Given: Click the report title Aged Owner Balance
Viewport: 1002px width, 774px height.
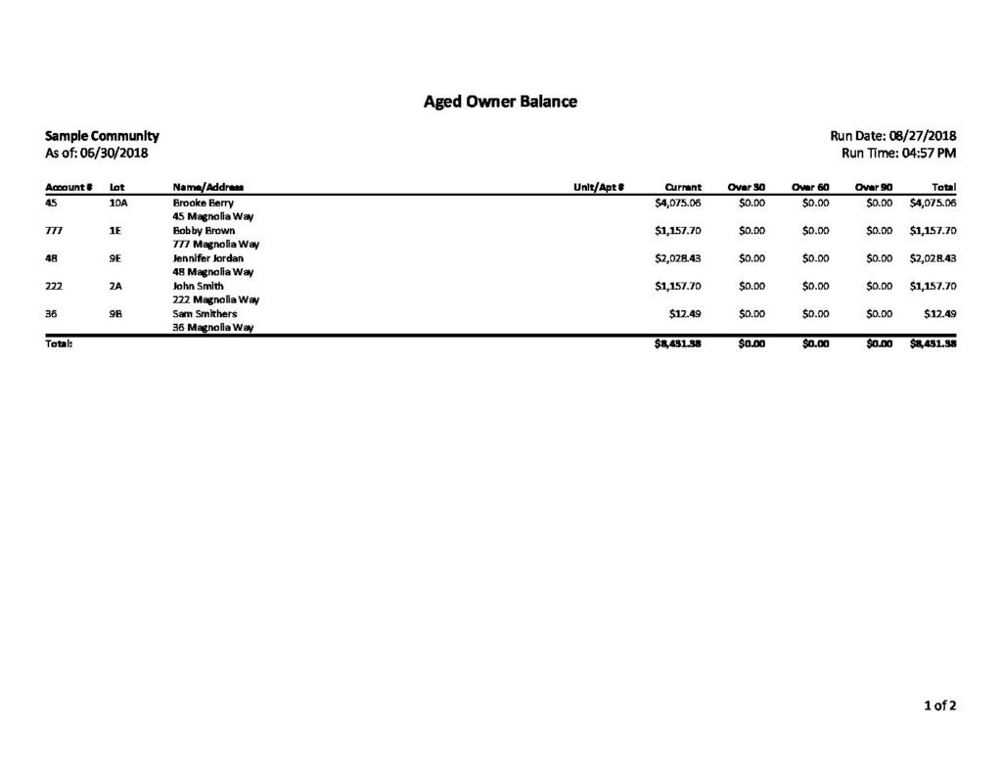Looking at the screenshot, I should coord(500,101).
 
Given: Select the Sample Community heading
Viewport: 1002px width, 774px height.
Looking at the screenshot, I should coord(102,136).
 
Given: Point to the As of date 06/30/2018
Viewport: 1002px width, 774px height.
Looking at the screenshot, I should coord(97,153).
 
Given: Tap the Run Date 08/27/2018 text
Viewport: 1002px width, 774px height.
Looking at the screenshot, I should coord(892,136).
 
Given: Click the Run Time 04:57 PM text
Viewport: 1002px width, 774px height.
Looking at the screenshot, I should coord(898,153).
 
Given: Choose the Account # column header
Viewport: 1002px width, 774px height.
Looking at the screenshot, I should coord(68,186).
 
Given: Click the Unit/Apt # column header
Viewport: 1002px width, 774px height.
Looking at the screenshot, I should coord(599,186).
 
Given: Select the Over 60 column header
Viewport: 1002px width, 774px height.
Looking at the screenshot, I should coord(810,186).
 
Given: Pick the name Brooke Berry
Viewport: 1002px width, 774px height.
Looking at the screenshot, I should coord(203,203).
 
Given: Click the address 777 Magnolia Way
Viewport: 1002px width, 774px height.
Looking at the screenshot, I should coord(215,244).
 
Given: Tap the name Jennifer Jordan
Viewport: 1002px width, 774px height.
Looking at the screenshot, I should coord(207,258).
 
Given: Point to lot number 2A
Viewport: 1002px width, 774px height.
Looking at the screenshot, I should coord(115,286).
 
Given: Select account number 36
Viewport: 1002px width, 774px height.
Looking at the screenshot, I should coord(53,313).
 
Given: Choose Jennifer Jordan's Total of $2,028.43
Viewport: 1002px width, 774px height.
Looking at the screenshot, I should coord(933,258).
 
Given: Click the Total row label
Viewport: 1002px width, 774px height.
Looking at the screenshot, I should coord(59,343).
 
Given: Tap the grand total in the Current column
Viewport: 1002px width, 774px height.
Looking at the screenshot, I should coord(677,343).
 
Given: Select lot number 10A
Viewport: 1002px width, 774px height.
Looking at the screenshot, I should coord(118,203).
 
